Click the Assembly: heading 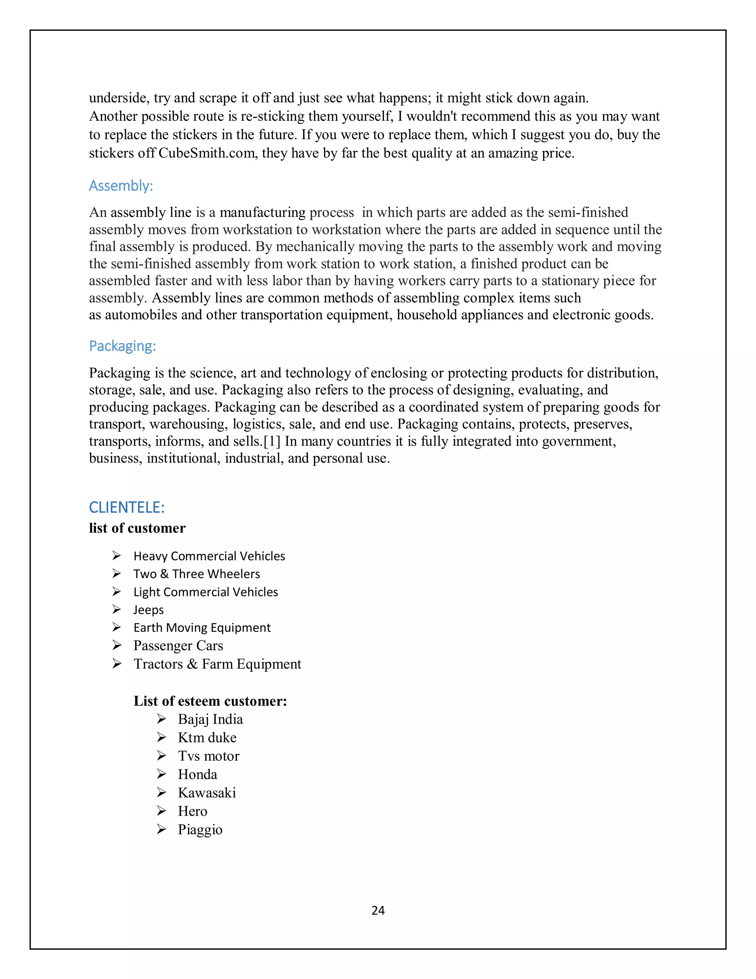click(x=121, y=185)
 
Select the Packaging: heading click(x=122, y=346)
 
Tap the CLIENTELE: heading click(x=127, y=508)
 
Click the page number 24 click(x=378, y=910)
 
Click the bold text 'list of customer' click(x=137, y=528)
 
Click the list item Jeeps click(x=149, y=610)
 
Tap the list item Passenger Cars click(x=178, y=646)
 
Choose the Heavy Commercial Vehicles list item click(x=209, y=556)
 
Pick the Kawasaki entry click(x=207, y=793)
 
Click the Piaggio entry click(x=200, y=830)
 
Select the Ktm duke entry click(x=207, y=738)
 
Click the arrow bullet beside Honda click(x=162, y=774)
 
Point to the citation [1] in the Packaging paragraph click(x=272, y=441)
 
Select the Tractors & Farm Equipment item click(x=217, y=664)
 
